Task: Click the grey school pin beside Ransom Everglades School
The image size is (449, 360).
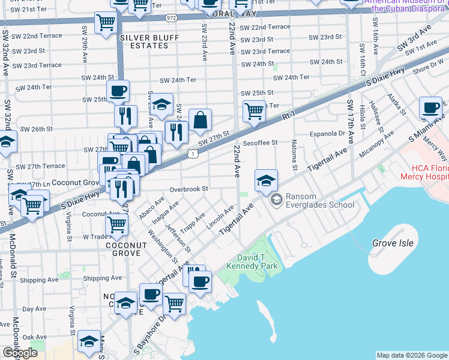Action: click(276, 199)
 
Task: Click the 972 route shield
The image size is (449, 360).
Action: click(172, 18)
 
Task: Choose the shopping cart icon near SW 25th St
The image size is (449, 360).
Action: click(255, 110)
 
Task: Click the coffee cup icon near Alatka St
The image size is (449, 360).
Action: click(430, 107)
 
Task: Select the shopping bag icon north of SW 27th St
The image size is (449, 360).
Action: click(200, 120)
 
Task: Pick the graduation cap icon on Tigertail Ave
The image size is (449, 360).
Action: click(266, 179)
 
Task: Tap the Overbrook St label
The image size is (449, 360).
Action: click(188, 188)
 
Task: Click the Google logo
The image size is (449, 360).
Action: click(20, 353)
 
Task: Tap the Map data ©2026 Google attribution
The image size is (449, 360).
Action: click(412, 355)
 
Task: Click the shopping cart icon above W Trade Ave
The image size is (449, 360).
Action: click(116, 225)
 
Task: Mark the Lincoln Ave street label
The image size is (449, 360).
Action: click(220, 218)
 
